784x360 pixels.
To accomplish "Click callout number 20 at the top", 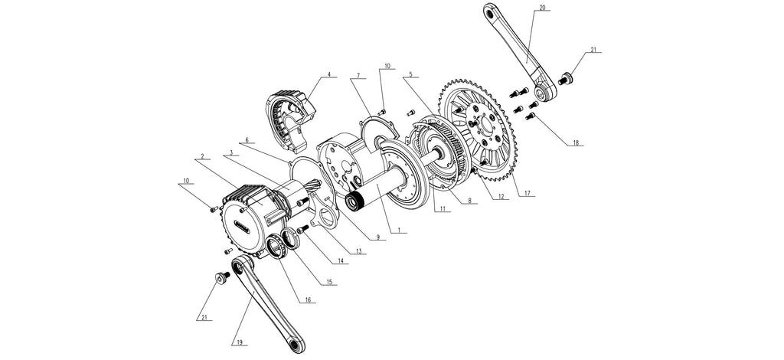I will tap(542, 8).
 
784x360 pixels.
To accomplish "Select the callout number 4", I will tap(329, 75).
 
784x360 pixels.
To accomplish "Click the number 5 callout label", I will tap(411, 75).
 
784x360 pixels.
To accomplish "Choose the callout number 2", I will tap(201, 156).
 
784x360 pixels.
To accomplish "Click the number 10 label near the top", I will tap(387, 67).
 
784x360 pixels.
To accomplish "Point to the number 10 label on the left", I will tap(187, 182).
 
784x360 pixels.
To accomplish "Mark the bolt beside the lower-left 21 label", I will tap(221, 278).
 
